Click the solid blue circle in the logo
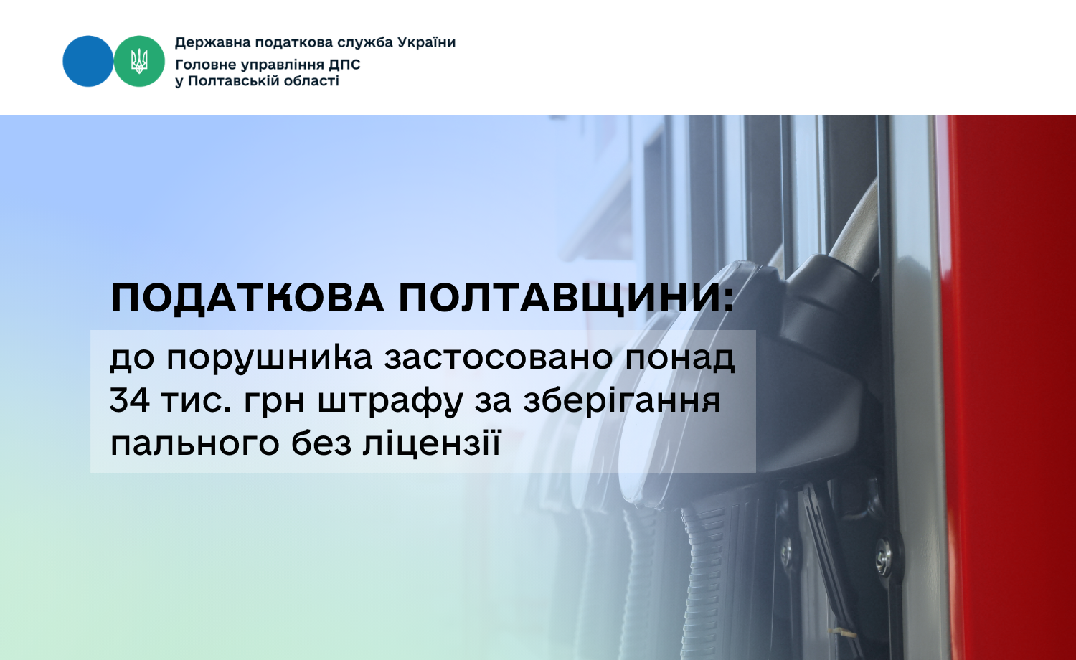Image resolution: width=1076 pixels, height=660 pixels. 88,61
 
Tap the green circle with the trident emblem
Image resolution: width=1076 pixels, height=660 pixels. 139,61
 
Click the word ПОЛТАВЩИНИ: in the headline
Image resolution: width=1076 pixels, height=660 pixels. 567,298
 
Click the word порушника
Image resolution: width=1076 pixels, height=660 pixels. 270,359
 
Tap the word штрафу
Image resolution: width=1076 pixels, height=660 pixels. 390,402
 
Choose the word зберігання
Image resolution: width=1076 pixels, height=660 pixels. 622,400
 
